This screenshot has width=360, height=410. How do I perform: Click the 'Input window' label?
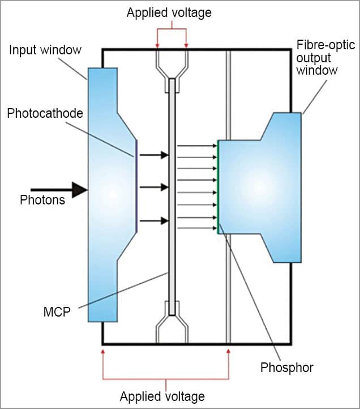[x=45, y=50]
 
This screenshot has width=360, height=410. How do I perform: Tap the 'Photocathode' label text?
[x=45, y=113]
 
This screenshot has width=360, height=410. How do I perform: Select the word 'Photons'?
[x=42, y=200]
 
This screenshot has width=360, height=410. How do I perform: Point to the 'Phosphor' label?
[x=287, y=368]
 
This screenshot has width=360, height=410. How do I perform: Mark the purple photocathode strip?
[x=137, y=187]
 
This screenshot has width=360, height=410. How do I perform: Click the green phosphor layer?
[x=218, y=187]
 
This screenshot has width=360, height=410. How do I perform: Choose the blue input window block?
[x=108, y=193]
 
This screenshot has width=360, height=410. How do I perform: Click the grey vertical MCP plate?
[x=172, y=193]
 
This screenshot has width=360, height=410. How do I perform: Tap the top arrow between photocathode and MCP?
[x=154, y=155]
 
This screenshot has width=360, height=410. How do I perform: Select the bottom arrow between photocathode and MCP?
[x=154, y=221]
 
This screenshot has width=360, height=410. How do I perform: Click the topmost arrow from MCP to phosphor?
[x=197, y=146]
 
